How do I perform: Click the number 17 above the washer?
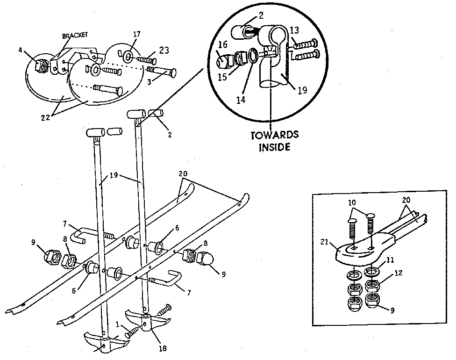coord(136,34)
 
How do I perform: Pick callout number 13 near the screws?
coord(294,31)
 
